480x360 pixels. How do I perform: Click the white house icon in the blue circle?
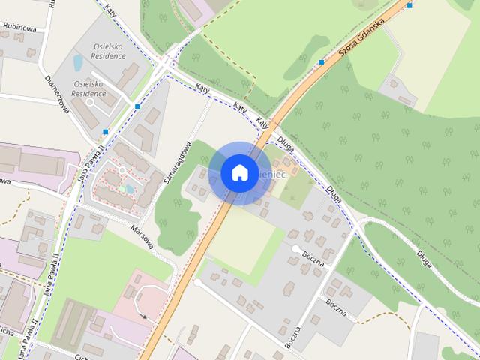pyautogui.click(x=239, y=172)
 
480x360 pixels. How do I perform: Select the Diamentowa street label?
pyautogui.click(x=56, y=98)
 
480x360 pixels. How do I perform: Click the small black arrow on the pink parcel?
pyautogui.click(x=143, y=316)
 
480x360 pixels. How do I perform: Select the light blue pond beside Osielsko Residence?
pyautogui.click(x=78, y=61)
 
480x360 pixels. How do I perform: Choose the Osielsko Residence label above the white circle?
pyautogui.click(x=88, y=88)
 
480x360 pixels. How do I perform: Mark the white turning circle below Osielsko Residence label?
pyautogui.click(x=91, y=101)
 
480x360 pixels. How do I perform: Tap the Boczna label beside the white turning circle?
pyautogui.click(x=313, y=257)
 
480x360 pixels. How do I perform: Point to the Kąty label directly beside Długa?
pyautogui.click(x=262, y=122)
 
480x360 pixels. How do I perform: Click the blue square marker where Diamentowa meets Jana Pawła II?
pyautogui.click(x=106, y=132)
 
